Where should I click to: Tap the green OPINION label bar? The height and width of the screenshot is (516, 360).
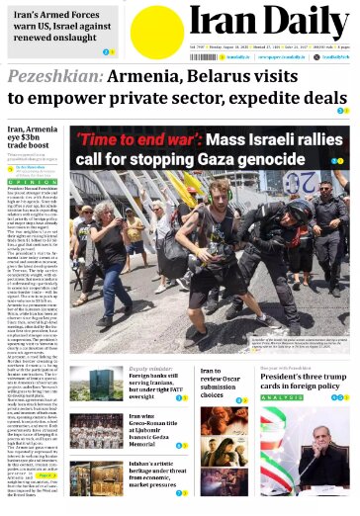pyautogui.click(x=34, y=183)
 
